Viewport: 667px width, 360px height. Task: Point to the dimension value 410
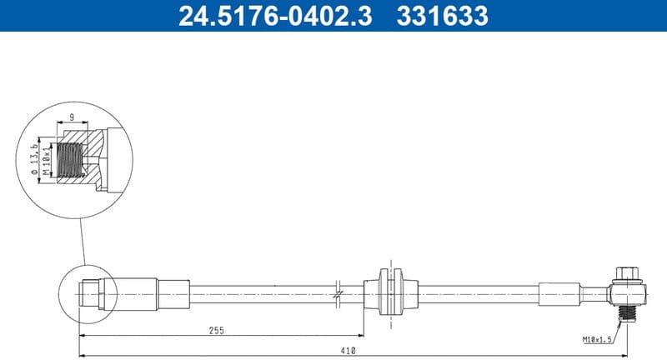tap(349, 350)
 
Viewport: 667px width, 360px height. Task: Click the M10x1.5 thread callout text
tap(599, 340)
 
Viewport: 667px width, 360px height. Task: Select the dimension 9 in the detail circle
tap(73, 117)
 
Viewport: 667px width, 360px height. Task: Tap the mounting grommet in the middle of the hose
tap(389, 292)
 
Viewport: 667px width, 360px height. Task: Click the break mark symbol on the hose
tap(338, 292)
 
